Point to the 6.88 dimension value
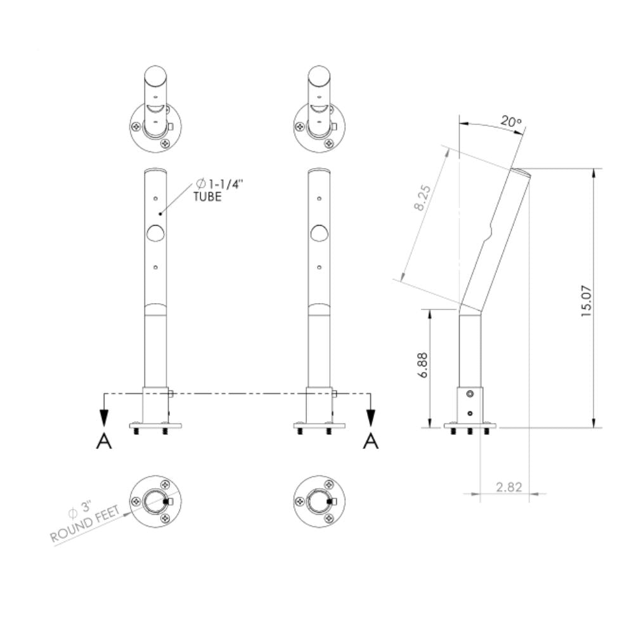point(423,366)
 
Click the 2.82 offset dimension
point(508,487)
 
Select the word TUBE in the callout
point(207,197)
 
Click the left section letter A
point(103,441)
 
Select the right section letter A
point(371,441)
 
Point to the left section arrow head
point(104,418)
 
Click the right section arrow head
point(371,418)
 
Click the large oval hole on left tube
point(155,233)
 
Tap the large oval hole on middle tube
point(319,233)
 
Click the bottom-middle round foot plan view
point(319,501)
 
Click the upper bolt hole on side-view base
point(469,395)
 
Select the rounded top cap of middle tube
point(319,171)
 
